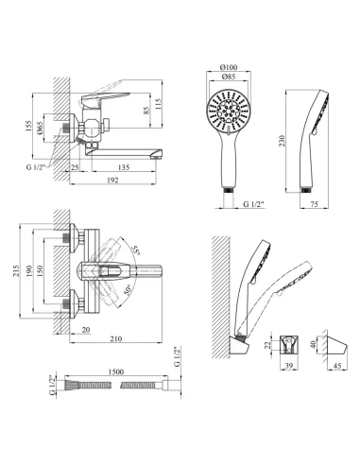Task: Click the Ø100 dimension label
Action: click(x=229, y=67)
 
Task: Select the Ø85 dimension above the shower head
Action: click(x=229, y=77)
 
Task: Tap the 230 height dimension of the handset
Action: click(x=282, y=141)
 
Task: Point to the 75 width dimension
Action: click(x=315, y=204)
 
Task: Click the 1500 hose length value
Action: click(x=116, y=371)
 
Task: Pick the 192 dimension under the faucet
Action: click(x=112, y=180)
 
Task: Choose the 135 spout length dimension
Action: click(x=123, y=167)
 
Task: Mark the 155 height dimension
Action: click(x=28, y=127)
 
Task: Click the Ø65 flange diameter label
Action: click(x=40, y=129)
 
